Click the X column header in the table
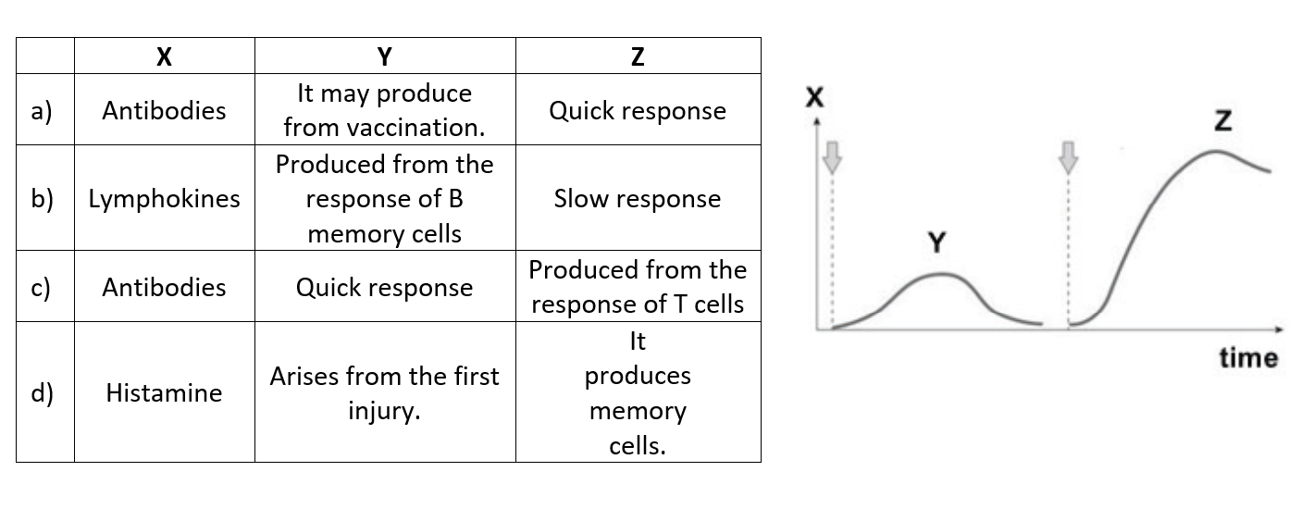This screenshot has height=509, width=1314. pos(164,56)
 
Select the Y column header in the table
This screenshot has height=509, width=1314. pos(385,56)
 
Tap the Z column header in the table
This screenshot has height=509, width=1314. pos(638,56)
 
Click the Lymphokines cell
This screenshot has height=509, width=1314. pos(164,199)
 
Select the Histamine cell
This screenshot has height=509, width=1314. pos(164,392)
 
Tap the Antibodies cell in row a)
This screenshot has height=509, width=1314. pos(164,110)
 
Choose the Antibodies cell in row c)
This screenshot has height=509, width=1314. pos(164,287)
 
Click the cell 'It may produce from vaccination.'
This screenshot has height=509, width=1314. pos(385,110)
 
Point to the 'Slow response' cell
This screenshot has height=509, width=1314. pos(638,199)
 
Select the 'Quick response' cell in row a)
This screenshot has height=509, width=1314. pos(638,110)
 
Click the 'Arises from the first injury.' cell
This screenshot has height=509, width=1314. pos(385,392)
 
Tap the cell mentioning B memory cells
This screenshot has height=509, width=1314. pos(385,199)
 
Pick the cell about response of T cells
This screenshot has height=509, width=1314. pos(638,287)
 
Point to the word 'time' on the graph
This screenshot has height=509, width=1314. pos(1248,358)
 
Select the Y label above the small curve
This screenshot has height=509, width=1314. pos(937,244)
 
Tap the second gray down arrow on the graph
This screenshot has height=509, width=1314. pos(1069,157)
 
